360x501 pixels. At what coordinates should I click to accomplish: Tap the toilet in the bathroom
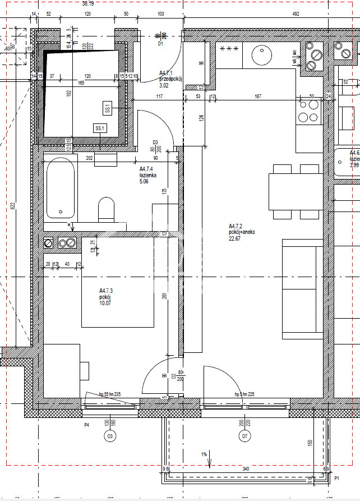[106, 209]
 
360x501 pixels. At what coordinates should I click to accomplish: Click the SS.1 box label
[100, 128]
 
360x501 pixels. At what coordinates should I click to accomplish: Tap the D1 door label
[160, 43]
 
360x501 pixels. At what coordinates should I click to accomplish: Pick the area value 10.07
[107, 304]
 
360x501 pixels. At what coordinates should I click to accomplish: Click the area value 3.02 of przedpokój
[164, 86]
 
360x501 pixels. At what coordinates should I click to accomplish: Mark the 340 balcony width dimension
[245, 470]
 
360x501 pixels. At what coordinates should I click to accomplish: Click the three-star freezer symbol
[231, 49]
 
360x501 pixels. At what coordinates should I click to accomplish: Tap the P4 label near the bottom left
[86, 425]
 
